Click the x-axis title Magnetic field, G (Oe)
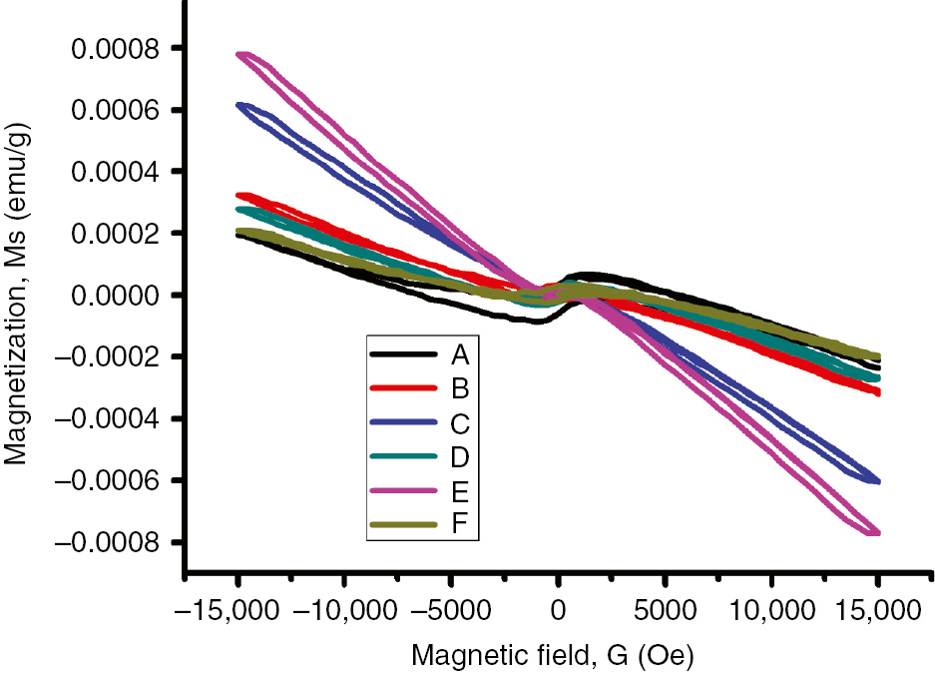[555, 655]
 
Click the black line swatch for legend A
[403, 354]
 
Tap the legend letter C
[460, 422]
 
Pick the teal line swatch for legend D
[403, 456]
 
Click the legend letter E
[460, 490]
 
